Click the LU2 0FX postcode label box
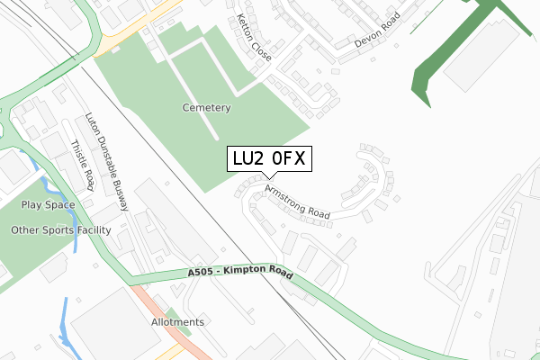click(270, 159)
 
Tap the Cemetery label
click(206, 108)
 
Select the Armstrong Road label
click(298, 202)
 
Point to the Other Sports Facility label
click(60, 230)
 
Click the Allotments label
click(178, 321)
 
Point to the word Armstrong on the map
click(285, 197)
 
